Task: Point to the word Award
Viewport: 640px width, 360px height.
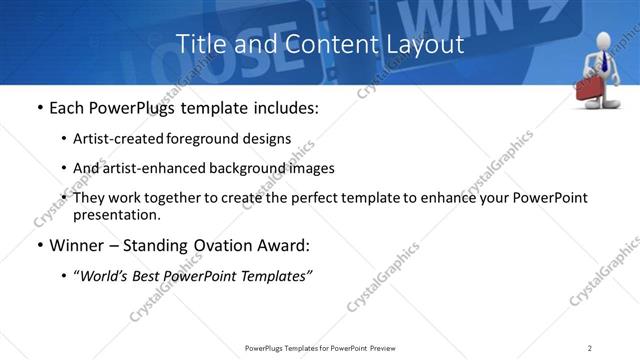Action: tap(286, 246)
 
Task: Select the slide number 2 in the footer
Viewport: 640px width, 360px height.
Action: tap(590, 348)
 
